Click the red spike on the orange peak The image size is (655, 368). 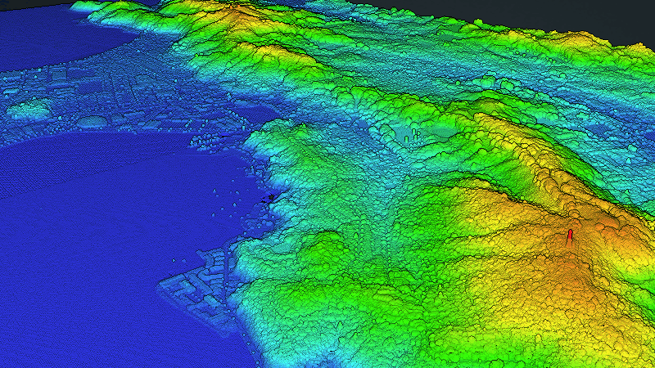point(569,237)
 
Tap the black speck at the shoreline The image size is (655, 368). point(267,199)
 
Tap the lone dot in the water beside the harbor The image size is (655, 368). point(173,261)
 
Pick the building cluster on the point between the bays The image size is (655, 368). point(221,139)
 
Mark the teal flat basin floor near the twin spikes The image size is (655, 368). point(434,135)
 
